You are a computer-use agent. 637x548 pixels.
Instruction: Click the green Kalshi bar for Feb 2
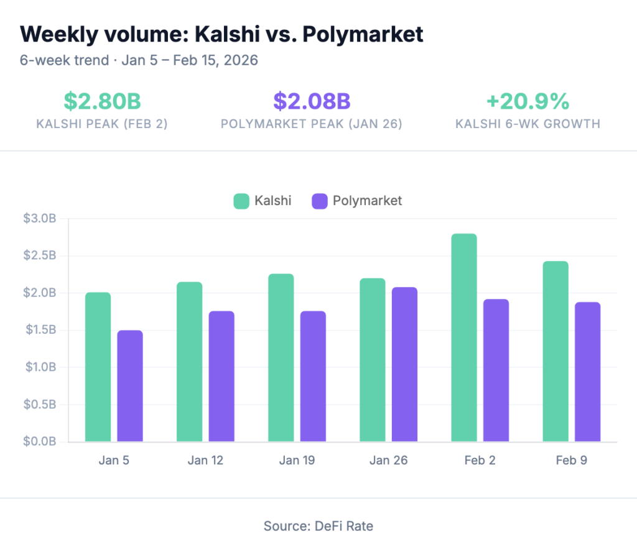pyautogui.click(x=464, y=338)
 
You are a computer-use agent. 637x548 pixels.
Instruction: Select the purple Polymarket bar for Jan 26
pyautogui.click(x=404, y=365)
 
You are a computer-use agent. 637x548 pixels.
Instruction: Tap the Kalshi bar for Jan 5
pyautogui.click(x=98, y=367)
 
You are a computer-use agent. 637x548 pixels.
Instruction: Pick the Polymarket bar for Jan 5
pyautogui.click(x=130, y=386)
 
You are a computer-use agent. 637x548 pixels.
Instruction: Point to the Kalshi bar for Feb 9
pyautogui.click(x=556, y=352)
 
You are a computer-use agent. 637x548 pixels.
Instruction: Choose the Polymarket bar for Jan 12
pyautogui.click(x=221, y=377)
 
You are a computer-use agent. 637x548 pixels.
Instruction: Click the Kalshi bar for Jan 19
pyautogui.click(x=281, y=358)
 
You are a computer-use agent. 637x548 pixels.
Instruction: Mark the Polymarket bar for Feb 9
pyautogui.click(x=587, y=372)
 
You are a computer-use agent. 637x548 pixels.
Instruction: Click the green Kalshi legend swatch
pyautogui.click(x=241, y=201)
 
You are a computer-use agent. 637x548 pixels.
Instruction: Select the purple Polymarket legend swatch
pyautogui.click(x=320, y=201)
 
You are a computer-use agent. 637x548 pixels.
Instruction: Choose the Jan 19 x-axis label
pyautogui.click(x=297, y=460)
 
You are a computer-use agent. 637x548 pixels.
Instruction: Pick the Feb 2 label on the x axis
pyautogui.click(x=480, y=460)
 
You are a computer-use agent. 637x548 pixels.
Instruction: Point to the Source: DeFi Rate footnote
pyautogui.click(x=318, y=526)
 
